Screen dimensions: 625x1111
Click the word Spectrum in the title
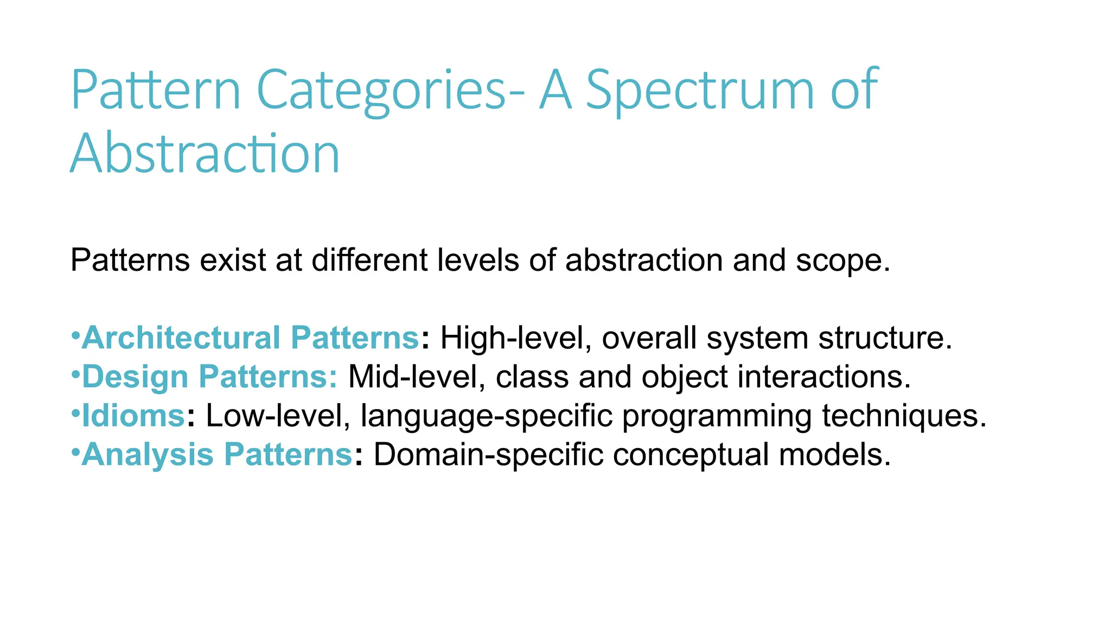[700, 91]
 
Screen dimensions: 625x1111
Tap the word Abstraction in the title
[205, 154]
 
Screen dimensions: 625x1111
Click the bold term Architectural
[181, 337]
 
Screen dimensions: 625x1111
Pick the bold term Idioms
[133, 416]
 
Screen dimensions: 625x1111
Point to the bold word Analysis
[148, 454]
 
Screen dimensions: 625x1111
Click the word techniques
[904, 416]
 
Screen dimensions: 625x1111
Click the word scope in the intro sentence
[842, 261]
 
